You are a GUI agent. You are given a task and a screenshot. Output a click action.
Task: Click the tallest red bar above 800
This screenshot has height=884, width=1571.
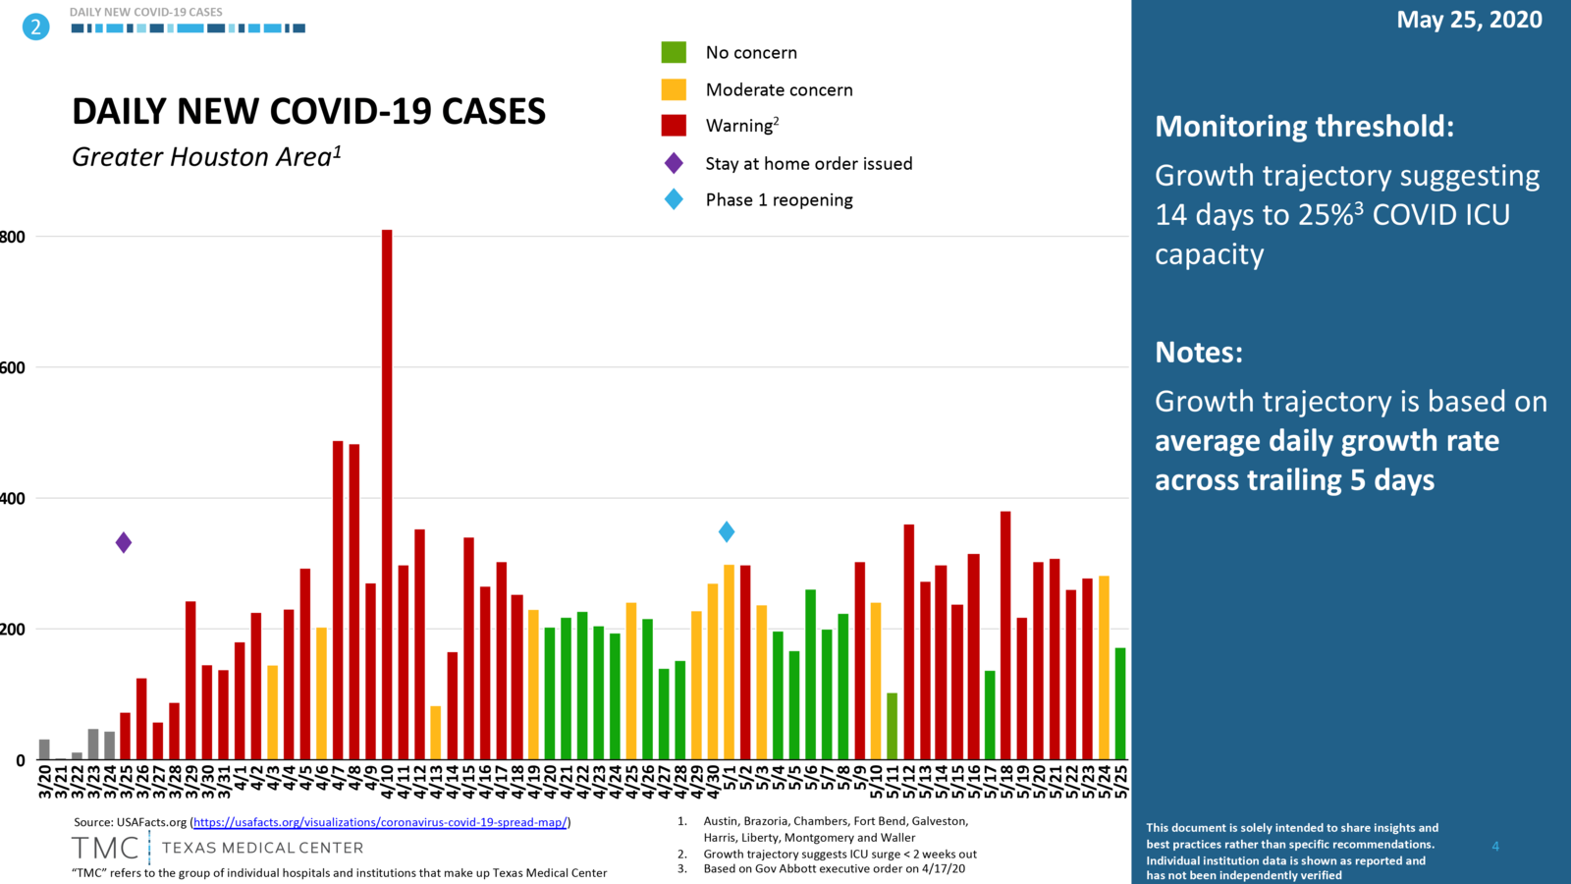[387, 491]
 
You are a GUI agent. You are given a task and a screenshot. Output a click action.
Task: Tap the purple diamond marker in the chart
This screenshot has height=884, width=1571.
[124, 542]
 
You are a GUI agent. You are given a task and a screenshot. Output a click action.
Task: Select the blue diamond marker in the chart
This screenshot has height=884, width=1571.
[727, 531]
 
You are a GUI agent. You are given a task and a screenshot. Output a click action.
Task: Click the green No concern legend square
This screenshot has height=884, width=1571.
[674, 52]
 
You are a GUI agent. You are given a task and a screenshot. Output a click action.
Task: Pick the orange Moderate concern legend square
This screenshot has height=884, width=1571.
[674, 89]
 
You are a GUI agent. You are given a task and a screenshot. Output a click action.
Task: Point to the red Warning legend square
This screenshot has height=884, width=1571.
[674, 125]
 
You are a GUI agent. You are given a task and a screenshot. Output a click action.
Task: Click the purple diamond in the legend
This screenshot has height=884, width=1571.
[674, 163]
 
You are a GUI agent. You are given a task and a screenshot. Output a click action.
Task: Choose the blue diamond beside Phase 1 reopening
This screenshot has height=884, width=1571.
[674, 199]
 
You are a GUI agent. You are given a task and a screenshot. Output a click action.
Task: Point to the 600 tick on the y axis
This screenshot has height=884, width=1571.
[13, 367]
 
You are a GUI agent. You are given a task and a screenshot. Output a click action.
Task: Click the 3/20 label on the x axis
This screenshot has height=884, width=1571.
[45, 782]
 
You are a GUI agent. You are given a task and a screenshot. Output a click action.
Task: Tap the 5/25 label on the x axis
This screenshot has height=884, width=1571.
[1121, 782]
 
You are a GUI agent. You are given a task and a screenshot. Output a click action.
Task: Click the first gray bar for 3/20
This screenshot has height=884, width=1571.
[44, 749]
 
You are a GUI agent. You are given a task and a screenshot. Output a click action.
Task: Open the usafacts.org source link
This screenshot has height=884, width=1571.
[380, 822]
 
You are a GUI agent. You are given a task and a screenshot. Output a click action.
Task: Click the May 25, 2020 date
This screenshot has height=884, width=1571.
[1469, 20]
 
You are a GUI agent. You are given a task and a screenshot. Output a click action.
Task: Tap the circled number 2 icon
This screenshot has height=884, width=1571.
[35, 27]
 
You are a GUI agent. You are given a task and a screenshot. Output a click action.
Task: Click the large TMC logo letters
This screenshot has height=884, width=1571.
[105, 848]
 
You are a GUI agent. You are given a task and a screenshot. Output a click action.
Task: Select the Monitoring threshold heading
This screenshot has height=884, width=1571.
[1304, 127]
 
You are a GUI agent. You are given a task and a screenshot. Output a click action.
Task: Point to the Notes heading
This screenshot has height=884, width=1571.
[1198, 352]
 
